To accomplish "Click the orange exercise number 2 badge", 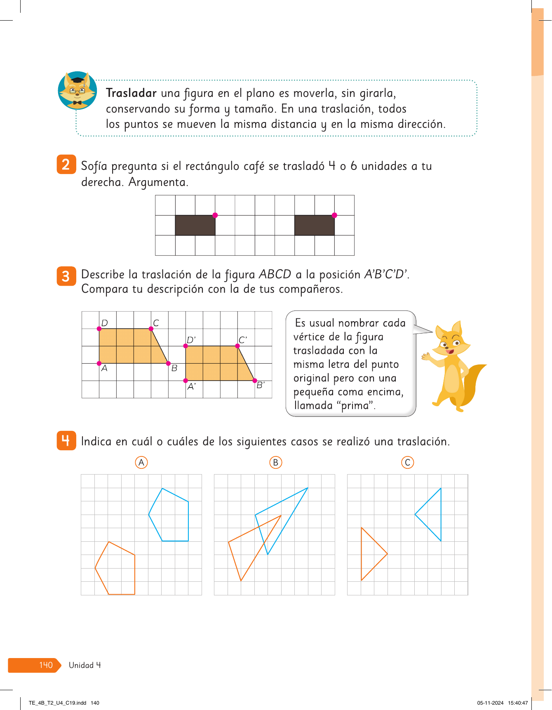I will click(66, 165).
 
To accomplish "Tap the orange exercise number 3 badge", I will click(66, 276).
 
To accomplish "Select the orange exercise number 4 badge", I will click(66, 440).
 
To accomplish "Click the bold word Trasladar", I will click(131, 93).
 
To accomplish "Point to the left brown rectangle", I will click(195, 226).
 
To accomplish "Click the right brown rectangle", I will click(314, 226).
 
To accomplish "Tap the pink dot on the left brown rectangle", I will click(215, 215).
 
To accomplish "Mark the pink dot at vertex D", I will click(99, 329).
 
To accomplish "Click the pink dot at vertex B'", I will click(255, 381).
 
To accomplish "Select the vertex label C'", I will click(242, 340).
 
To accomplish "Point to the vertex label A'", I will click(191, 387).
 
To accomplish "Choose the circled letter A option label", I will click(141, 463).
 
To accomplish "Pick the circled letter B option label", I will click(275, 463).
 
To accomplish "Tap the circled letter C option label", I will click(407, 463).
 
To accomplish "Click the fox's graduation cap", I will click(78, 80).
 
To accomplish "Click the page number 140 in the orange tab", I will click(46, 665).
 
